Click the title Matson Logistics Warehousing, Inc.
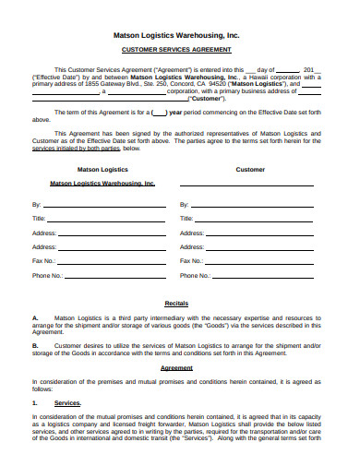(x=181, y=34)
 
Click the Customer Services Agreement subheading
(x=181, y=50)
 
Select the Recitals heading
(x=176, y=303)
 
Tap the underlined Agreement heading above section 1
(x=176, y=367)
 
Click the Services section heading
(x=67, y=403)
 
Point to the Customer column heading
(x=250, y=170)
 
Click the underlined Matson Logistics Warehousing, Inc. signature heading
(x=102, y=184)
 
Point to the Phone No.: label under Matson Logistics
(x=47, y=276)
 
